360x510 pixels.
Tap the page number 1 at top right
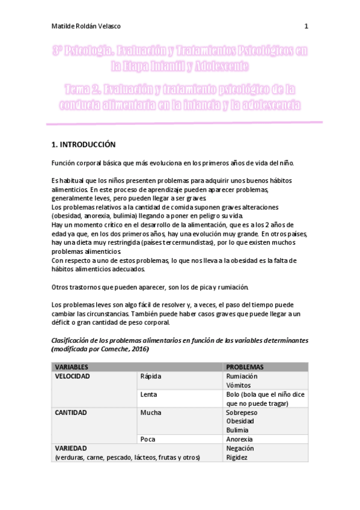(x=307, y=26)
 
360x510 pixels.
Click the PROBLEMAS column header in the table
(x=245, y=366)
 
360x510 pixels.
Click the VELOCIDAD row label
(x=73, y=376)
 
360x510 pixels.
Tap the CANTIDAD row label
(x=71, y=413)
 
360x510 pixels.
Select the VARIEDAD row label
(x=71, y=448)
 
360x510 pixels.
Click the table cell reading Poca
(x=148, y=439)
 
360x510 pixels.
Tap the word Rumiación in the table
(x=242, y=376)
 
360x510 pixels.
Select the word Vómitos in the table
(x=239, y=385)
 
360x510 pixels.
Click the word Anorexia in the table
(x=240, y=439)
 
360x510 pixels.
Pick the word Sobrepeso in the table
(x=242, y=413)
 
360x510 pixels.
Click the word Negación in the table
(x=240, y=448)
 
